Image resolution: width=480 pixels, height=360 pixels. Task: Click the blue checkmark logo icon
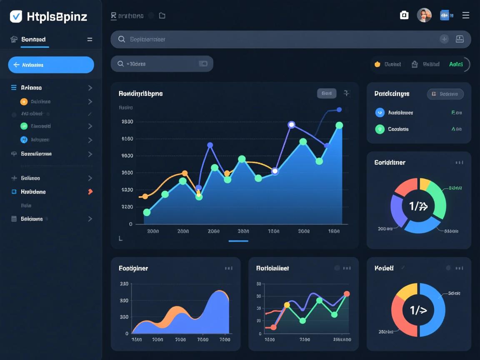(x=16, y=16)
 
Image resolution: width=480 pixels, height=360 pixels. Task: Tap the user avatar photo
(x=424, y=15)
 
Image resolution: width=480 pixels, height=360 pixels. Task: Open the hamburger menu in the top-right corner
(x=466, y=15)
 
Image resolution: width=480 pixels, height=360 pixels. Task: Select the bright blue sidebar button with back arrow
(x=51, y=65)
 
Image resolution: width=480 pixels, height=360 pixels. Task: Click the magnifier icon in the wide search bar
(x=122, y=39)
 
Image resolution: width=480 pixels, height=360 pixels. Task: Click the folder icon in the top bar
(x=162, y=16)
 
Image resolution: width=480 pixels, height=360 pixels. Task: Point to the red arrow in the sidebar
(x=90, y=192)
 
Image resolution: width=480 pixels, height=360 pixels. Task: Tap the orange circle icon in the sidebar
(x=24, y=101)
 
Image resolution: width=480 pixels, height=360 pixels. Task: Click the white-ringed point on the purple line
(x=291, y=125)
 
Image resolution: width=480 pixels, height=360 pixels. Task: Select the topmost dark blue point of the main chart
(x=339, y=110)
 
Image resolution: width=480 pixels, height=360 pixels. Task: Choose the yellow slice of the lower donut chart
(x=407, y=291)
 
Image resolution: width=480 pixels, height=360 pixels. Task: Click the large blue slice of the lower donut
(x=433, y=310)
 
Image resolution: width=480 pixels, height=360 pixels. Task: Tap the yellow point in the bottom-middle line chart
(x=287, y=305)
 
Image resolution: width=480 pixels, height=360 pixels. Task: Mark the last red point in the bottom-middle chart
(x=347, y=294)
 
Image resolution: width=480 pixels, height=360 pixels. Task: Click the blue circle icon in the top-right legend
(x=380, y=112)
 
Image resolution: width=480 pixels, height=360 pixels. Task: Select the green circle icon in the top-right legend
(x=380, y=129)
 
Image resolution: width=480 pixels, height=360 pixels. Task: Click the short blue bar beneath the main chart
(x=238, y=241)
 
